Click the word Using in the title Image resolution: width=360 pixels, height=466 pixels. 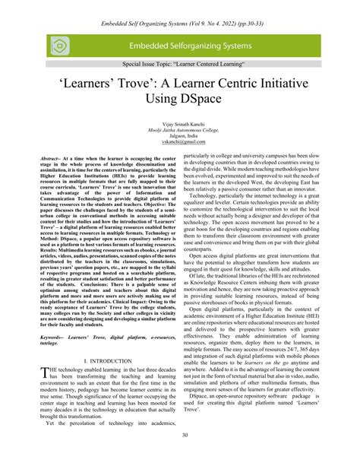click(x=156, y=118)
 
